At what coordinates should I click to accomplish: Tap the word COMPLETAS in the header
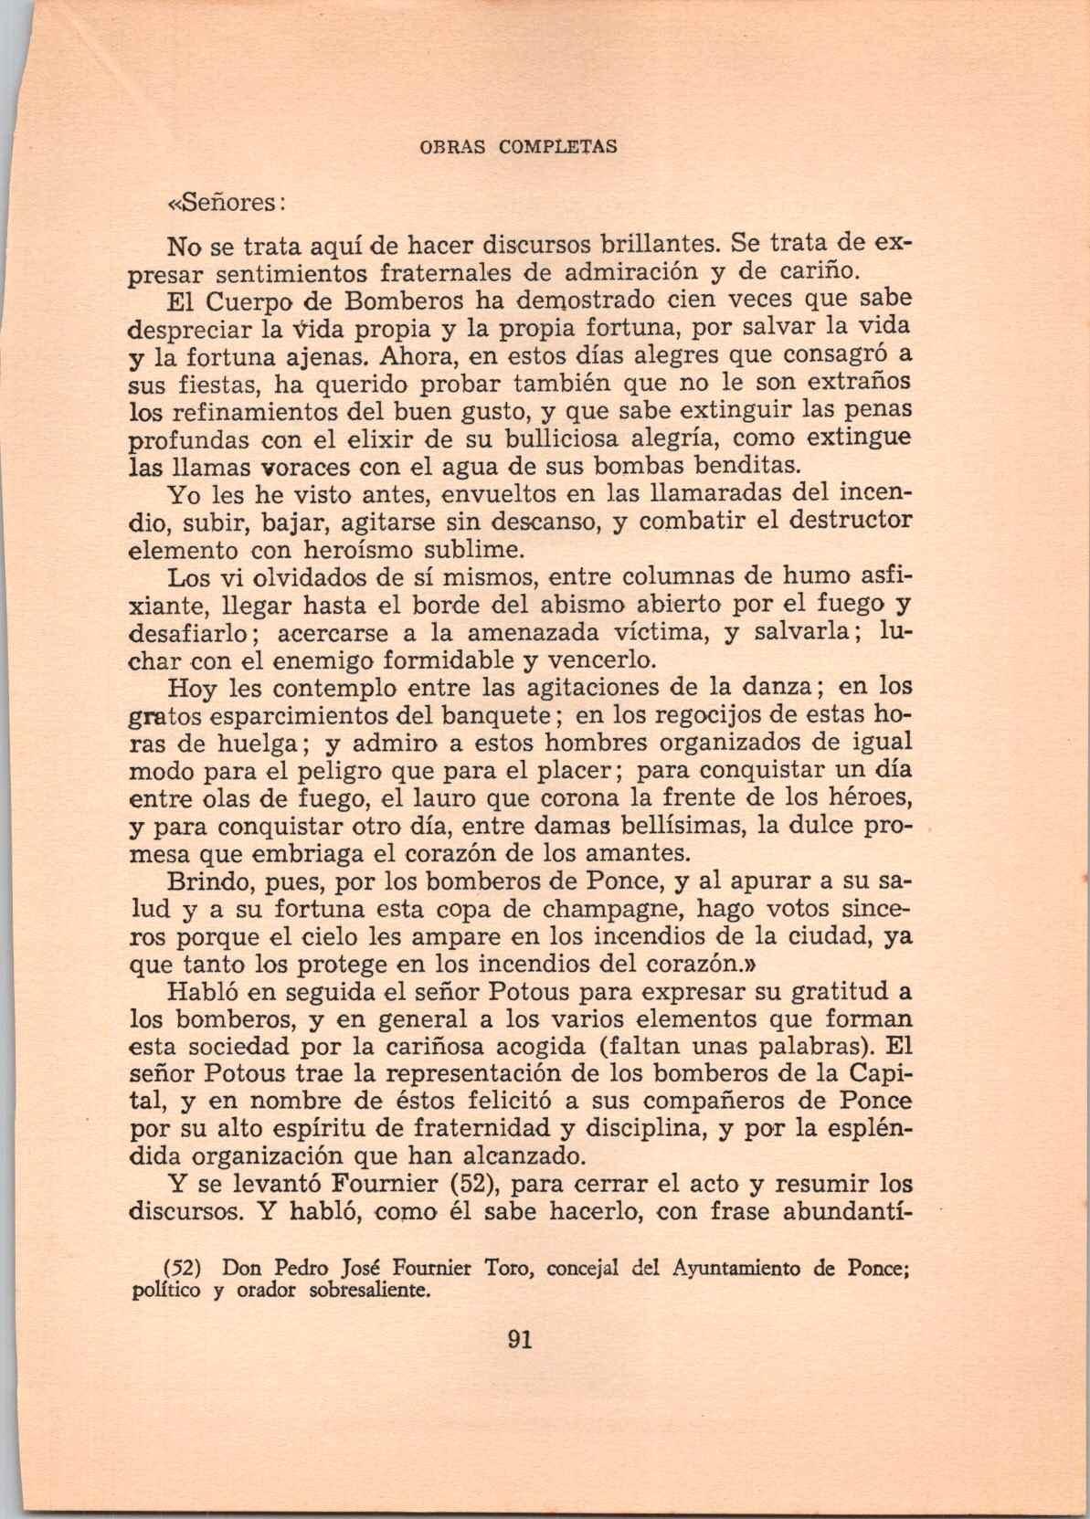click(558, 146)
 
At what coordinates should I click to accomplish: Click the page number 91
click(519, 1340)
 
